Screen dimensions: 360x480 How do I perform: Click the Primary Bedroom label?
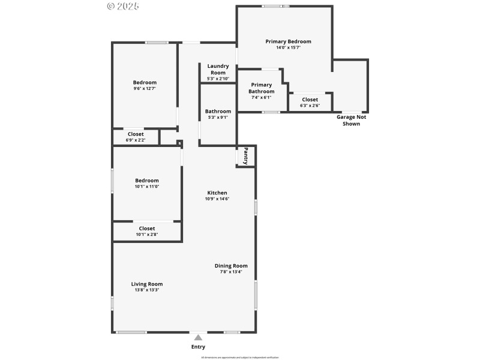(288, 41)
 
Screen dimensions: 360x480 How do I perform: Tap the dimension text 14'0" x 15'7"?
(288, 48)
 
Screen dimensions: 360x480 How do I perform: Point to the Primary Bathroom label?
(262, 88)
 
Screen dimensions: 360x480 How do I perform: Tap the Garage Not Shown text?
(351, 120)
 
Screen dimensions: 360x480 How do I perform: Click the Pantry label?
(245, 156)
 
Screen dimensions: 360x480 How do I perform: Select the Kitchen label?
(217, 193)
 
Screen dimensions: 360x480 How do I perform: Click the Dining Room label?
(231, 266)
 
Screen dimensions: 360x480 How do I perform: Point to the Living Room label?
(147, 284)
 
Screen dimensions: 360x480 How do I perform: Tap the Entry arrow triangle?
(198, 337)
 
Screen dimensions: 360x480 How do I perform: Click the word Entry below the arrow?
(198, 347)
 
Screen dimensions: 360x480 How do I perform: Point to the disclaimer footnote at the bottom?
(240, 357)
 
